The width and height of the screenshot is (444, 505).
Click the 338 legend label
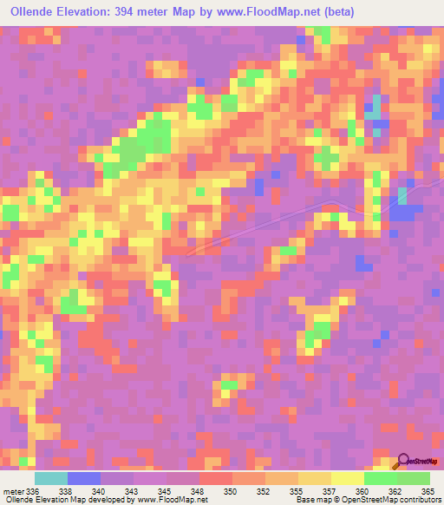pos(68,491)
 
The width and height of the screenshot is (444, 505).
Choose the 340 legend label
pos(101,491)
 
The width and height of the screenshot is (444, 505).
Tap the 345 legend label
pos(166,491)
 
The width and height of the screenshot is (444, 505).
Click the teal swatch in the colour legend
pos(51,478)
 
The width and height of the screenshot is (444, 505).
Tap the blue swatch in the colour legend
pos(84,478)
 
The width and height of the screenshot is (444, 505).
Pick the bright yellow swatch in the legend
pos(348,478)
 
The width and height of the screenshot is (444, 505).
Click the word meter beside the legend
pos(13,491)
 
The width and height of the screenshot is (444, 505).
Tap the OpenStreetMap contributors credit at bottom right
pos(389,500)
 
